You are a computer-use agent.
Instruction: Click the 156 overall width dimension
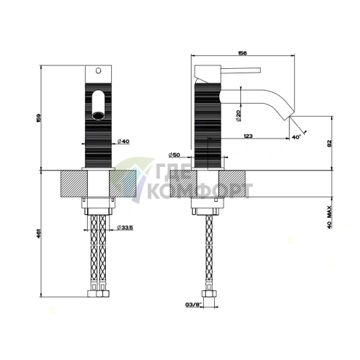(x=242, y=53)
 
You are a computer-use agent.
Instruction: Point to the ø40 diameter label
(x=123, y=141)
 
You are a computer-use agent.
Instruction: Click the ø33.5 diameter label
(x=125, y=227)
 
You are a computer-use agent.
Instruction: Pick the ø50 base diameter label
(x=174, y=155)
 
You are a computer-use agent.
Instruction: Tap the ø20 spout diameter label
(x=238, y=115)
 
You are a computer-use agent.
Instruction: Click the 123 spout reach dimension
(x=248, y=136)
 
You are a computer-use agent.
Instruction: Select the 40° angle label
(x=296, y=137)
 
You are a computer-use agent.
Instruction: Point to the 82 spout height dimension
(x=329, y=143)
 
